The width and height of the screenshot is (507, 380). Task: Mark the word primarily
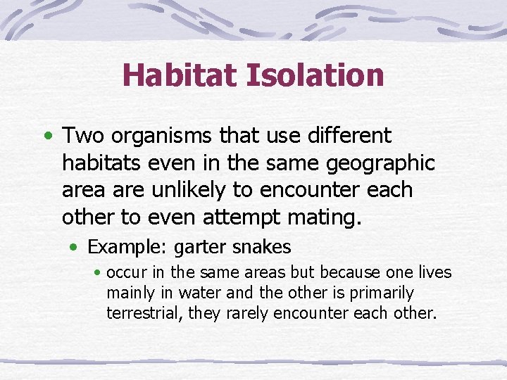click(x=384, y=293)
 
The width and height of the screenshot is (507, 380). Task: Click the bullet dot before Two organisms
click(x=46, y=134)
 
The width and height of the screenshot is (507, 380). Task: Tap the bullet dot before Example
click(x=74, y=247)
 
